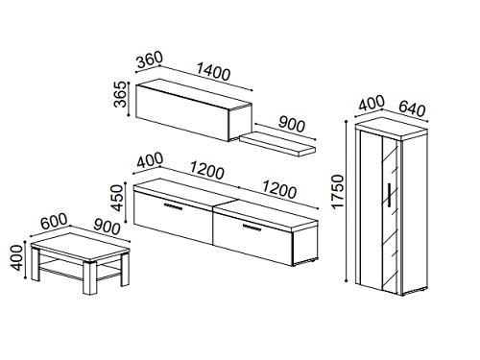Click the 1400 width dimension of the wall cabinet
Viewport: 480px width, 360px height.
[213, 72]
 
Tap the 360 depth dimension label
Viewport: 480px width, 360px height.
[149, 60]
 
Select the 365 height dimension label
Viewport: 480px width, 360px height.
[121, 94]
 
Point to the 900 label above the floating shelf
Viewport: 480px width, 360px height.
[291, 124]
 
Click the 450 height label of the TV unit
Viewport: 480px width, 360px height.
[117, 198]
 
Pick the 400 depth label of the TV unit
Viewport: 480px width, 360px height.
[150, 161]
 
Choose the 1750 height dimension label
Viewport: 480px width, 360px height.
[338, 192]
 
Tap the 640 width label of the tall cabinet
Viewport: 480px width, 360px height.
[412, 108]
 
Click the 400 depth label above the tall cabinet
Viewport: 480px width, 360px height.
[371, 103]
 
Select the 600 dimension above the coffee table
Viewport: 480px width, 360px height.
[55, 221]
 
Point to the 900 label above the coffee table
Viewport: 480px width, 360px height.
[107, 228]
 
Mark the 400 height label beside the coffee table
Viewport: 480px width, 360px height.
[16, 257]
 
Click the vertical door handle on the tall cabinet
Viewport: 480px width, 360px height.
[390, 194]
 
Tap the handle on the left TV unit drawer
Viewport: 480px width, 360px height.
[173, 206]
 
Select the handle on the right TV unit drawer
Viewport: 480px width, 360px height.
[252, 227]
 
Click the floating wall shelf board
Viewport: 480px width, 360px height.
[277, 145]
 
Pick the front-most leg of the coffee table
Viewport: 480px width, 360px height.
[90, 278]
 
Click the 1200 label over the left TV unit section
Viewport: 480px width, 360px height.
[207, 171]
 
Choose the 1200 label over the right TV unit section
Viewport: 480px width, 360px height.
[279, 189]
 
